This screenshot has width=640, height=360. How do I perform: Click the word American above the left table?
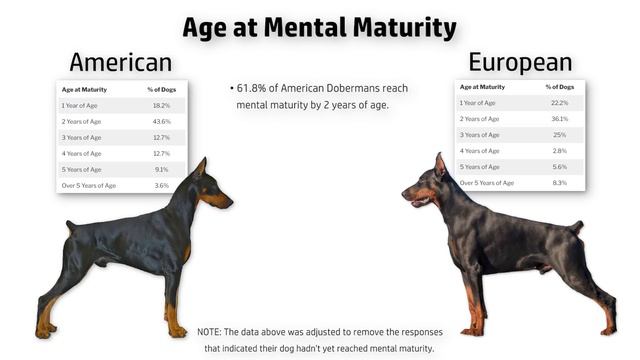point(120,62)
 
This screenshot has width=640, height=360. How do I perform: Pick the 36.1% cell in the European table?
point(559,118)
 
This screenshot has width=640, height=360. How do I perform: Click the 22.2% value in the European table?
point(559,102)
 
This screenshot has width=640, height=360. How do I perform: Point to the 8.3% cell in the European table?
point(559,183)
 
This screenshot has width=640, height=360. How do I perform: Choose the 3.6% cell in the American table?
point(160,186)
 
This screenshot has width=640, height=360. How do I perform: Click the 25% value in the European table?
point(559,134)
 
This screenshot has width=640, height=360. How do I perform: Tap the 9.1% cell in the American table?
point(160,170)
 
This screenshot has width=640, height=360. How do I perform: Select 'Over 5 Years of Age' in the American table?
point(89,186)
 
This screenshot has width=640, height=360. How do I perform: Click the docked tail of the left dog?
point(70,226)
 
